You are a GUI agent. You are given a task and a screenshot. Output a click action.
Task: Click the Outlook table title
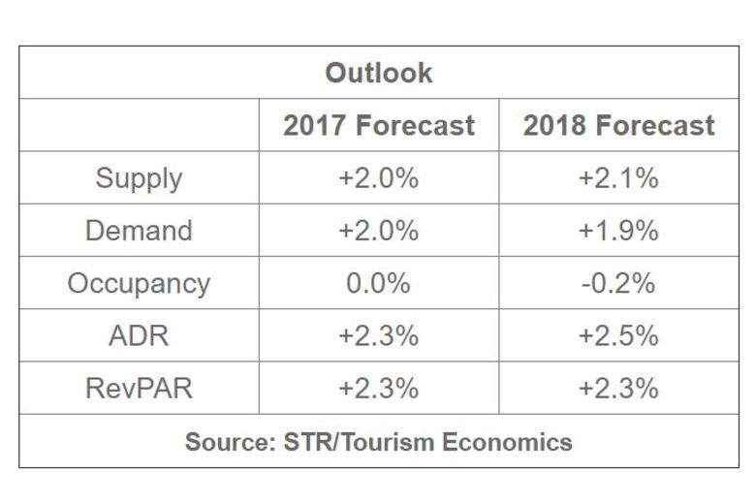tap(378, 74)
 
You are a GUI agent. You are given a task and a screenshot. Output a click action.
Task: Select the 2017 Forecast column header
tap(379, 126)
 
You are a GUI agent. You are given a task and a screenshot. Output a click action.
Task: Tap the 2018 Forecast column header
tap(619, 126)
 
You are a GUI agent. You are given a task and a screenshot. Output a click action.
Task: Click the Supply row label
tap(139, 178)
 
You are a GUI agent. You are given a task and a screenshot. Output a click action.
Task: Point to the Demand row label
tap(139, 231)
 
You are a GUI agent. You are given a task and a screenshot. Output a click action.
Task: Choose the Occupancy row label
tap(139, 283)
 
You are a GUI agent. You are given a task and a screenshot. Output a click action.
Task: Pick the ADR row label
tap(139, 335)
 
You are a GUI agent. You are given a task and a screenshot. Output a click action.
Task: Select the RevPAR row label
tap(139, 388)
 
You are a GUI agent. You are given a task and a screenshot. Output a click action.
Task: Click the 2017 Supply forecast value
tap(378, 178)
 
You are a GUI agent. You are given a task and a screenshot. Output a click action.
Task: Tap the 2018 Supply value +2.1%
tap(618, 178)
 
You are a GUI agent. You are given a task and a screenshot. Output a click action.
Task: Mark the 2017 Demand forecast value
tap(378, 231)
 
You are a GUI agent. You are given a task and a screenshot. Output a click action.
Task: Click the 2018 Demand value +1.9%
tap(618, 231)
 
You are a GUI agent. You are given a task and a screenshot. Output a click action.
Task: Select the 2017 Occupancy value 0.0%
tap(378, 283)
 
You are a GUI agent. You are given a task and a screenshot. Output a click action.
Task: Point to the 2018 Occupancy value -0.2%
tap(618, 283)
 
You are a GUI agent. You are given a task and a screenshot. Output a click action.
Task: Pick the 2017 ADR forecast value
tap(378, 335)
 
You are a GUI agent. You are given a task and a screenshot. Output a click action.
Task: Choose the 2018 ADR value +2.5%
tap(618, 335)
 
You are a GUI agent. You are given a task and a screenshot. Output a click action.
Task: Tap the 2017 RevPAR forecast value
tap(378, 388)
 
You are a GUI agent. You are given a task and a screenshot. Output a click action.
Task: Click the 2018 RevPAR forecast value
tap(618, 388)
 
